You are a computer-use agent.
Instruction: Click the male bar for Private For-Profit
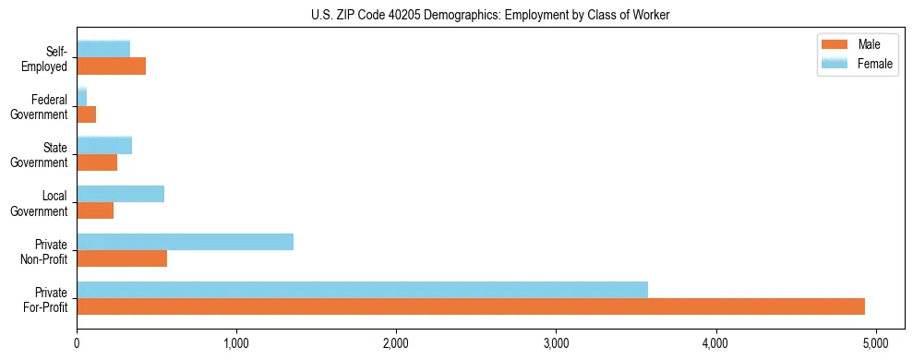tap(471, 306)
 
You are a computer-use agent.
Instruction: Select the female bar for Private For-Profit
tap(362, 290)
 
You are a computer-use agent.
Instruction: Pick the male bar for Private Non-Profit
tap(122, 258)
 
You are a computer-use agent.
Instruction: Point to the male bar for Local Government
tap(95, 210)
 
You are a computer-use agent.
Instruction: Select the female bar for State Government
tap(104, 145)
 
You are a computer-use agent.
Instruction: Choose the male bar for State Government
tap(97, 162)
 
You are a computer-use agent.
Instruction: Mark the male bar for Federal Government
tap(87, 114)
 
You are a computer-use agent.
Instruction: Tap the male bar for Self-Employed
tap(111, 66)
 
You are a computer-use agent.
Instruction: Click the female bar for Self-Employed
tap(103, 49)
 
